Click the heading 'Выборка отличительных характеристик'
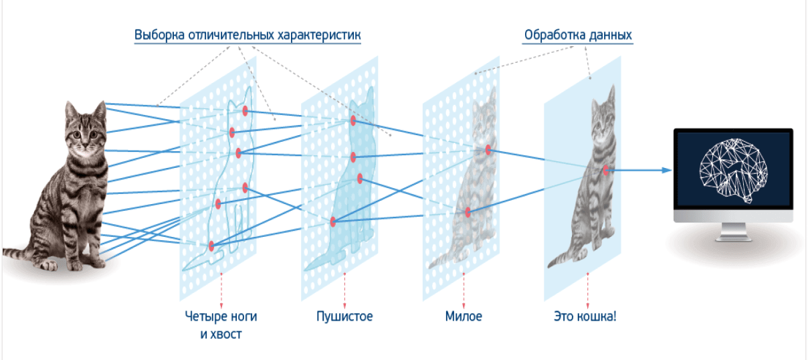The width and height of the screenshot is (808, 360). (247, 35)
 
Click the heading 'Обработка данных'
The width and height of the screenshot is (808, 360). (578, 35)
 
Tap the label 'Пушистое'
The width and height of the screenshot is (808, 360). (344, 316)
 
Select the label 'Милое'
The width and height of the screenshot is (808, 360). (463, 316)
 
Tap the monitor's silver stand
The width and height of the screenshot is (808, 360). (732, 230)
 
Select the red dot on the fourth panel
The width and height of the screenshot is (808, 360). (606, 170)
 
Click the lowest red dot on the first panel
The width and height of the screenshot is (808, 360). (211, 246)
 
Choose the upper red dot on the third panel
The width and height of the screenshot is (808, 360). (488, 150)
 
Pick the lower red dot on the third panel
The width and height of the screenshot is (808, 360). (468, 212)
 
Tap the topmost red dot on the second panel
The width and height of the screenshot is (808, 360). (352, 120)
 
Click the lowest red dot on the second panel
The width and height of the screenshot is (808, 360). (332, 221)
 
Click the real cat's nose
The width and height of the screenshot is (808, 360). (86, 142)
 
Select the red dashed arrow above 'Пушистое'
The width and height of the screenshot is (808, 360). (344, 288)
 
